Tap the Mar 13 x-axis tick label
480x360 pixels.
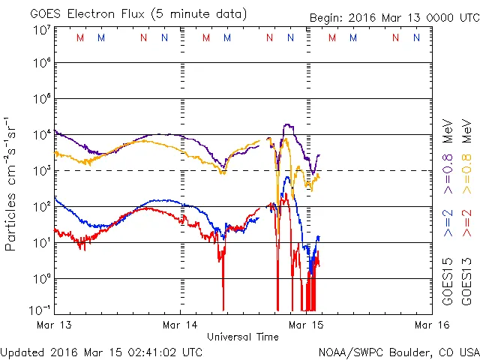[54, 325]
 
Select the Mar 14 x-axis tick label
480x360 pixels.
[180, 325]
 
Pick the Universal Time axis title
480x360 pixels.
[243, 337]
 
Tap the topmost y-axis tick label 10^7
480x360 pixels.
[42, 30]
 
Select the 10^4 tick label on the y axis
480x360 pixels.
[42, 135]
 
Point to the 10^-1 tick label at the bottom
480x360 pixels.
[40, 309]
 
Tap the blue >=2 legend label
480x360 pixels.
[448, 223]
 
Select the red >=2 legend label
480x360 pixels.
[466, 223]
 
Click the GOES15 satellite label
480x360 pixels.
[448, 280]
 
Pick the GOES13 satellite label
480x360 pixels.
[466, 280]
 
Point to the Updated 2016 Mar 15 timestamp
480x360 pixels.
[102, 351]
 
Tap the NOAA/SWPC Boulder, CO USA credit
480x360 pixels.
[398, 351]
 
